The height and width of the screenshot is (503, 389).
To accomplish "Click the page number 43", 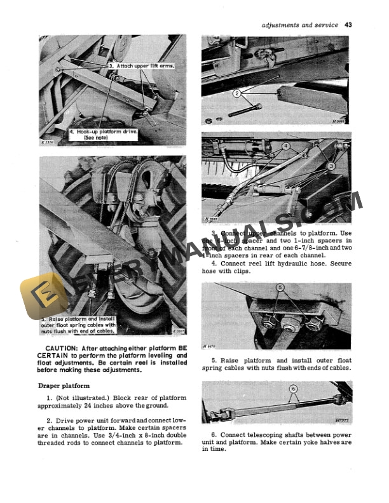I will pyautogui.click(x=348, y=25).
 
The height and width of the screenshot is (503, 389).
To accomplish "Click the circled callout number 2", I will pyautogui.click(x=237, y=94).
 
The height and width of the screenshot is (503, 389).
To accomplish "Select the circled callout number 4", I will pyautogui.click(x=286, y=146).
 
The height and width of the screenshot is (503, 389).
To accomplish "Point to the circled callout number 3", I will pyautogui.click(x=331, y=165).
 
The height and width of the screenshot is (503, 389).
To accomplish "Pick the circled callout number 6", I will pyautogui.click(x=293, y=389).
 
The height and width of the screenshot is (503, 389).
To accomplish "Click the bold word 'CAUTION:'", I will pyautogui.click(x=61, y=347).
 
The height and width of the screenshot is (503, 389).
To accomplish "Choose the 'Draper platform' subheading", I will pyautogui.click(x=64, y=385).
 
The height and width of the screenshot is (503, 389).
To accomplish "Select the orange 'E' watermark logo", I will pyautogui.click(x=43, y=297).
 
